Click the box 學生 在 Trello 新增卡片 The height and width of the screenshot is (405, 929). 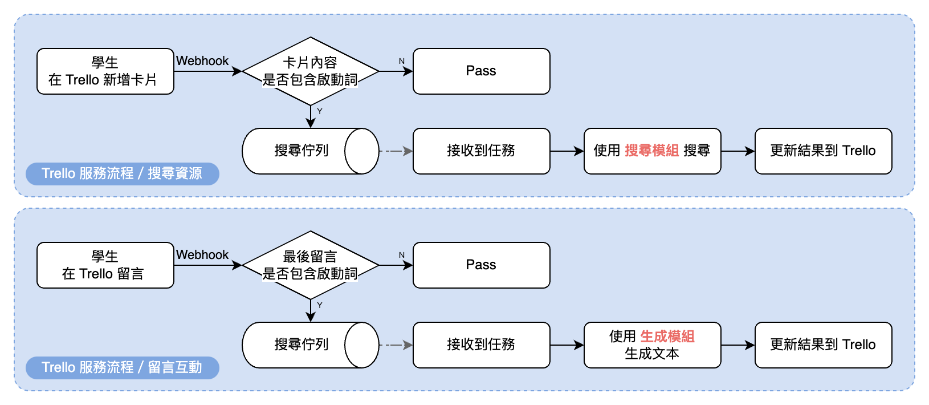(105, 71)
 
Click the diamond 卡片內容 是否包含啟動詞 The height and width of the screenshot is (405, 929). (310, 71)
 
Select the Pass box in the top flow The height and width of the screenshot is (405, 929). (481, 71)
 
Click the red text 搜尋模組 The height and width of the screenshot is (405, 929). (651, 151)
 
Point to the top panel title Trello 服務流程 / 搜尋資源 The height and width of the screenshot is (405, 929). (122, 173)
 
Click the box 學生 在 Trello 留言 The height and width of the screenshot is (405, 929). (105, 265)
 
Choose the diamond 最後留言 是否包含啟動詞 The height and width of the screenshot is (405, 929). (310, 265)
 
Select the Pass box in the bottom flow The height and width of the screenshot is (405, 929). (481, 265)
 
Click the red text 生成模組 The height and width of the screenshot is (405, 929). (667, 337)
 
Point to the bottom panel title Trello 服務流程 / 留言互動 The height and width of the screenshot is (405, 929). (122, 367)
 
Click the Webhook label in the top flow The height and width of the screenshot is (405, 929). (202, 61)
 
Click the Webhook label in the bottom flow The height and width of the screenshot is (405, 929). (202, 255)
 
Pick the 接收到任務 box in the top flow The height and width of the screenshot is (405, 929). (481, 151)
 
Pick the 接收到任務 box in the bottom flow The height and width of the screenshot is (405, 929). (481, 345)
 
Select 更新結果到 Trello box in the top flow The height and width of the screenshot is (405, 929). (823, 151)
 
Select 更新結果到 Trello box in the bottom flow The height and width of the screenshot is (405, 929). (823, 345)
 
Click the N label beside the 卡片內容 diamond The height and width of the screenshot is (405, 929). (402, 61)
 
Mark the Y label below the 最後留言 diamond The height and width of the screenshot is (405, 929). (320, 305)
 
